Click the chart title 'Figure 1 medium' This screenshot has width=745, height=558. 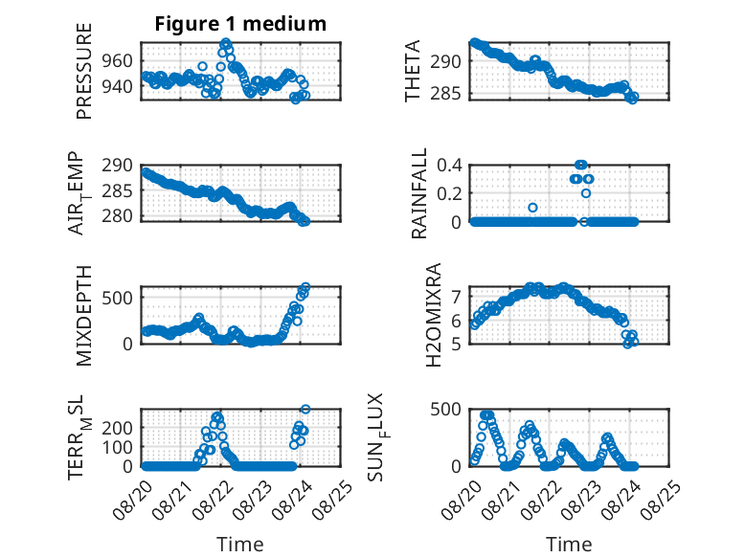point(240,24)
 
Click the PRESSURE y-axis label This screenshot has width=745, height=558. point(83,71)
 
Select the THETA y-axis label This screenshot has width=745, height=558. point(413,71)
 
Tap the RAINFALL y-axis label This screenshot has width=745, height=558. point(419,193)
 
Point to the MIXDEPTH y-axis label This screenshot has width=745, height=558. point(83,316)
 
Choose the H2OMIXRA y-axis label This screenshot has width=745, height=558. point(434,315)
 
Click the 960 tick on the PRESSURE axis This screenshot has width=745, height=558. point(117,61)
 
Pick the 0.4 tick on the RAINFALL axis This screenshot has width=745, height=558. point(449,166)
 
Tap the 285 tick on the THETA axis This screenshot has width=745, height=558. point(445,94)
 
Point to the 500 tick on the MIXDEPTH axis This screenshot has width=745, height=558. point(117,298)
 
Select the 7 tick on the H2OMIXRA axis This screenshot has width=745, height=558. point(456,298)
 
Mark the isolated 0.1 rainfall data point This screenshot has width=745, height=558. point(532,208)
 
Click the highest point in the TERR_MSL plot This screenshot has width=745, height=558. point(305,409)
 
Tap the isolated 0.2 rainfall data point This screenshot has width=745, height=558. point(586,193)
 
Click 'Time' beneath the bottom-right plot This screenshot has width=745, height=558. point(569,544)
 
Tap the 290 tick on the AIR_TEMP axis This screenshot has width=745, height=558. point(117,166)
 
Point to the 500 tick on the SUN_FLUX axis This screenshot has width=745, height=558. point(445,410)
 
